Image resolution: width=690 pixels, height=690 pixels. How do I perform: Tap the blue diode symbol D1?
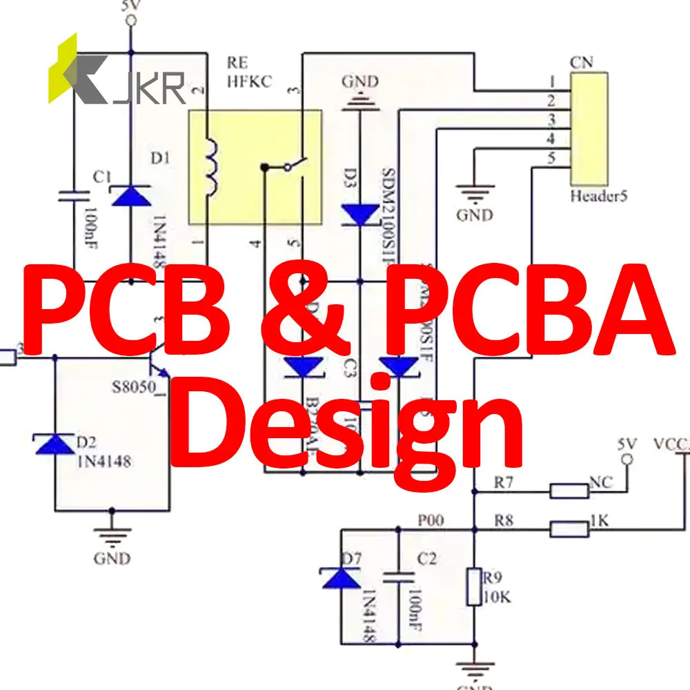[131, 195]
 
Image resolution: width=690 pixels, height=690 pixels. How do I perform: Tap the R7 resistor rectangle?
[569, 491]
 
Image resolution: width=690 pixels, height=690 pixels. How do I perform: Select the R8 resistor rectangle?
[569, 530]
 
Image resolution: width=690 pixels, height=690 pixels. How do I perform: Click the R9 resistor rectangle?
[473, 586]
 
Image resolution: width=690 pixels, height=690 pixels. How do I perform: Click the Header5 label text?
[598, 196]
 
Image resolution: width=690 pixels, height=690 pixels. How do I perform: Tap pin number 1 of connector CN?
[551, 81]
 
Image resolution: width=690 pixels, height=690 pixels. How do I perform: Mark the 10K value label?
[497, 598]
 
